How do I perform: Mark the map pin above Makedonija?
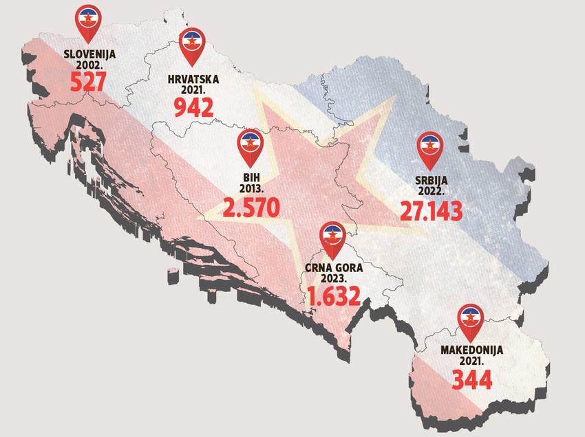point(471,320)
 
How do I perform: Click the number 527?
point(87,82)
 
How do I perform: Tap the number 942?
point(193,107)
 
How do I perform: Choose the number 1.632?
point(334,296)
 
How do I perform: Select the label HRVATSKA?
point(193,79)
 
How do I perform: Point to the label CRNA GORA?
point(334,269)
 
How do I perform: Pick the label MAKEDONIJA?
point(471,350)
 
